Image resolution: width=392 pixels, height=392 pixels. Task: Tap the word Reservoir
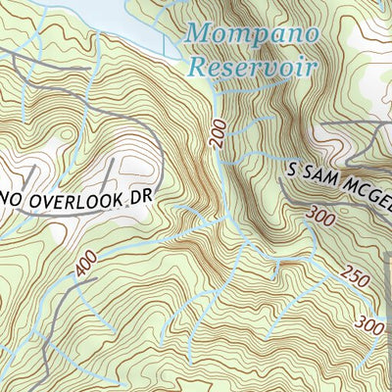pos(253,67)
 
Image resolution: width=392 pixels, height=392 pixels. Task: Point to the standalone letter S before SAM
pos(293,169)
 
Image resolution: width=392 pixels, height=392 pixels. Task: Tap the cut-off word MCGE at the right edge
pos(370,178)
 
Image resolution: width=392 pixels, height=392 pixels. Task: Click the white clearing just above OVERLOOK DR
pos(118,167)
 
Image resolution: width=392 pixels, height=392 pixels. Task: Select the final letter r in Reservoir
pos(312,68)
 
